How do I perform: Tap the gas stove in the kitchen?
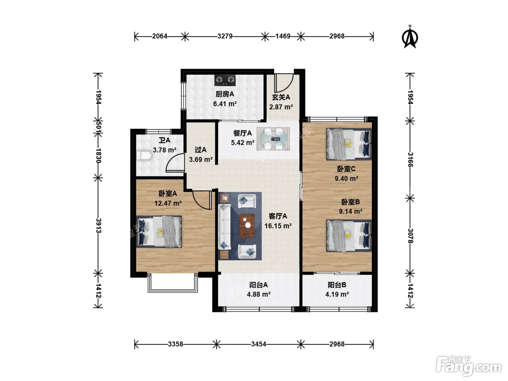[225, 80]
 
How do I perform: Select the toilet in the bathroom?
[144, 156]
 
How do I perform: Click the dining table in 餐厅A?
[273, 139]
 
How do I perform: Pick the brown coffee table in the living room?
[247, 226]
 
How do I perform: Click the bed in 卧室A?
[159, 232]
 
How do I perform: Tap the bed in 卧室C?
[349, 144]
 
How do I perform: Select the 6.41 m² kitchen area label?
[225, 104]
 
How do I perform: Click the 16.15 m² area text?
[278, 226]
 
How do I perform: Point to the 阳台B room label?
[337, 285]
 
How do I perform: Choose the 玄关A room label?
[281, 97]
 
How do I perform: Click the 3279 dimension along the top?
[225, 36]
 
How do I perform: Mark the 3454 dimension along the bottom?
[258, 344]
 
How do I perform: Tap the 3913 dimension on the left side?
[99, 226]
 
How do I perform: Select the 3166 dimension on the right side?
[410, 159]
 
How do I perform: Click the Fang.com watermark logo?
[469, 365]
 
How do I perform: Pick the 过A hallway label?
[200, 149]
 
